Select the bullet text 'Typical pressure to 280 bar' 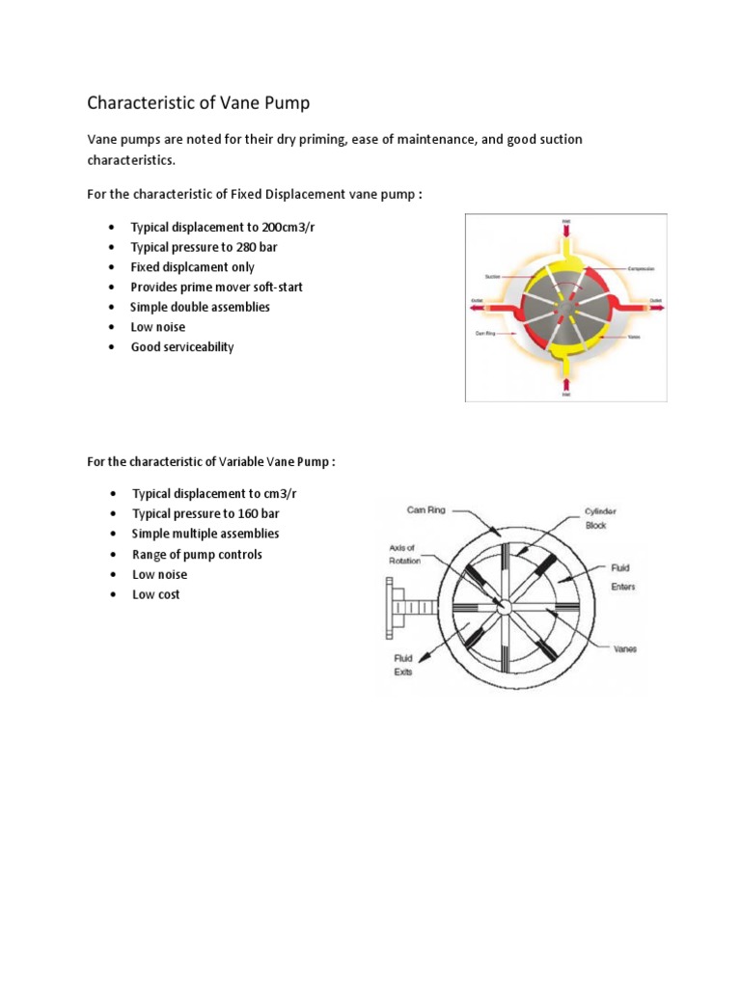pos(197,246)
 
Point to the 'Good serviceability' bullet pos(182,346)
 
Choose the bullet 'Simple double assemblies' pos(200,307)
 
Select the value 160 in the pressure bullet pos(247,513)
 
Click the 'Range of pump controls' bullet pos(197,554)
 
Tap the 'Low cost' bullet pos(155,594)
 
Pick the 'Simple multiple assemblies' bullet pos(206,534)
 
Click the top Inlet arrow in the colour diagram pos(565,232)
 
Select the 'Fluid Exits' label pos(403,665)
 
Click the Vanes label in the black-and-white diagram pos(624,648)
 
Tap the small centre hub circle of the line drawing pos(503,603)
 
